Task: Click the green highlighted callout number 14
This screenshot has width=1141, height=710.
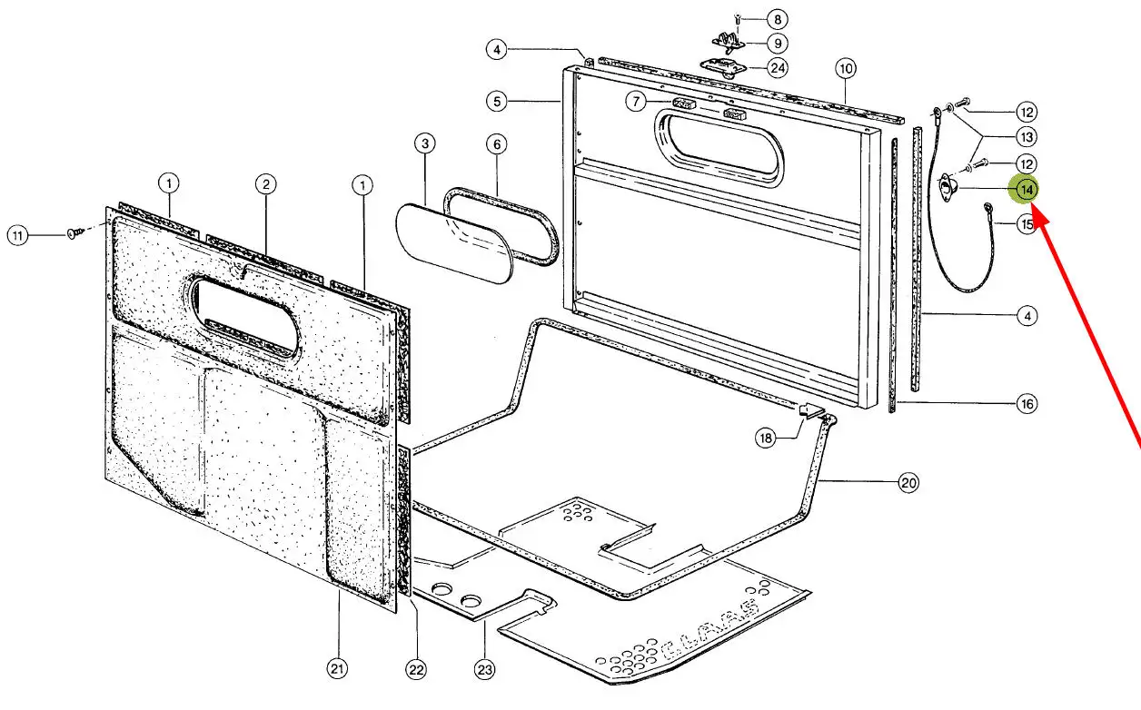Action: pyautogui.click(x=1025, y=190)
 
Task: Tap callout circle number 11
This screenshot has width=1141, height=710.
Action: pyautogui.click(x=18, y=236)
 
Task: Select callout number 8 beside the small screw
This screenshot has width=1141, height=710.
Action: pyautogui.click(x=778, y=20)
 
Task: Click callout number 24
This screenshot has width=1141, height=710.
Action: pyautogui.click(x=778, y=68)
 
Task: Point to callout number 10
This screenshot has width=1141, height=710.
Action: pyautogui.click(x=846, y=69)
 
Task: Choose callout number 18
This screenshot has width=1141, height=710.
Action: pyautogui.click(x=766, y=439)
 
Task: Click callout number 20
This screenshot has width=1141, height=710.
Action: pyautogui.click(x=908, y=482)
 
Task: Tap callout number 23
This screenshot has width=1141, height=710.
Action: pyautogui.click(x=484, y=669)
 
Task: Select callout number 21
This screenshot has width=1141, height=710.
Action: pyautogui.click(x=337, y=668)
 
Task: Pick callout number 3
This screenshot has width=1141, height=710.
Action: pyautogui.click(x=425, y=143)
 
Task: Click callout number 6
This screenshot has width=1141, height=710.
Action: pyautogui.click(x=497, y=144)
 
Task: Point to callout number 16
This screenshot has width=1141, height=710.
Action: pyautogui.click(x=1027, y=404)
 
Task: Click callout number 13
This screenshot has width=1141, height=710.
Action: pyautogui.click(x=1027, y=137)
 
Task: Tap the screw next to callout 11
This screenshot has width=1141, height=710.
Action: pyautogui.click(x=74, y=233)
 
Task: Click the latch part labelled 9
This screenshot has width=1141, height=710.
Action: pyautogui.click(x=729, y=43)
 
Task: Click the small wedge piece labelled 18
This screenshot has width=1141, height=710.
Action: pyautogui.click(x=811, y=410)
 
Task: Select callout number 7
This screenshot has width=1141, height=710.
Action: pyautogui.click(x=636, y=102)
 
